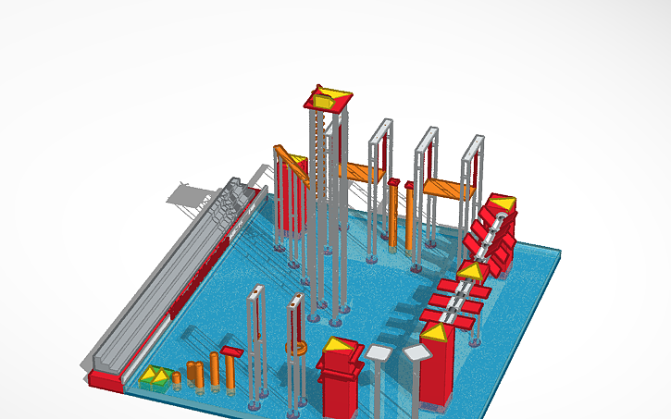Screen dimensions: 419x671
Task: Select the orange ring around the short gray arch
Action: (296, 349)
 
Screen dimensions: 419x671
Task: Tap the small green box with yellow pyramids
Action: (157, 376)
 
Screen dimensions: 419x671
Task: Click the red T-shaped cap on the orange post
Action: (231, 351)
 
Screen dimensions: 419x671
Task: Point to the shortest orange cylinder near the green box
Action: (177, 377)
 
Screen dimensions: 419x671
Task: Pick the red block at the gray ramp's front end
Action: (108, 381)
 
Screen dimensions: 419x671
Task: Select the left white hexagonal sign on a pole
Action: (379, 351)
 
